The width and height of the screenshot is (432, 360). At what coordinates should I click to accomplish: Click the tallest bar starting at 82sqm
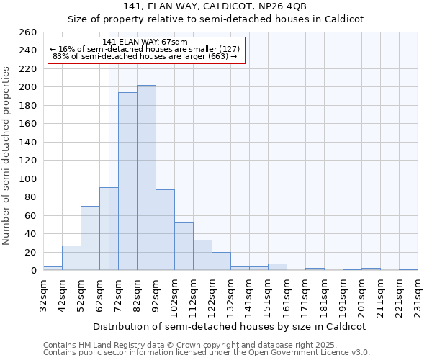click(x=146, y=178)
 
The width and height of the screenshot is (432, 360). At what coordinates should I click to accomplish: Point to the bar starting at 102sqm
click(x=184, y=246)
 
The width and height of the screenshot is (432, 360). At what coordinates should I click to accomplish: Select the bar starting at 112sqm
click(x=202, y=255)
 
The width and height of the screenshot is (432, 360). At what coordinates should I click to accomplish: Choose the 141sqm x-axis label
click(x=250, y=296)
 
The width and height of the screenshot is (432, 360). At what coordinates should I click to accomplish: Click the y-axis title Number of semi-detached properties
click(x=8, y=156)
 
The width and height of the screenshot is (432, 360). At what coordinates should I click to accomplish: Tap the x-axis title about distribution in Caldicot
click(x=230, y=326)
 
